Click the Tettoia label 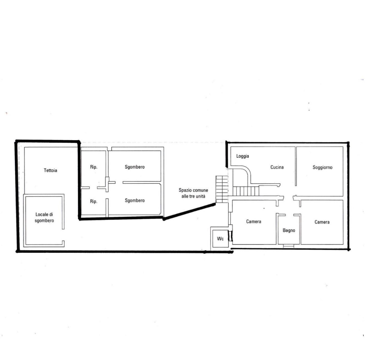(x=51, y=170)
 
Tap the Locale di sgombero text (x=44, y=218)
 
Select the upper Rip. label (x=94, y=167)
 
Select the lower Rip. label (x=94, y=201)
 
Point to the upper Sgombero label (x=135, y=167)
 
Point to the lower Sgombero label (x=135, y=201)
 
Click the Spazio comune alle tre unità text (x=193, y=193)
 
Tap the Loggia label (x=243, y=156)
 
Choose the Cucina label (x=277, y=167)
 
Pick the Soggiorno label (x=323, y=167)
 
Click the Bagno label (x=289, y=230)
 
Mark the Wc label (x=220, y=239)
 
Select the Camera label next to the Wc (x=254, y=221)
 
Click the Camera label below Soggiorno (x=322, y=222)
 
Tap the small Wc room (x=220, y=239)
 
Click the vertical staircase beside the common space (x=222, y=189)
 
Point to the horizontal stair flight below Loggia (x=246, y=191)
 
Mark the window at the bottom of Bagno (x=289, y=246)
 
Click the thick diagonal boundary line (x=190, y=211)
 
